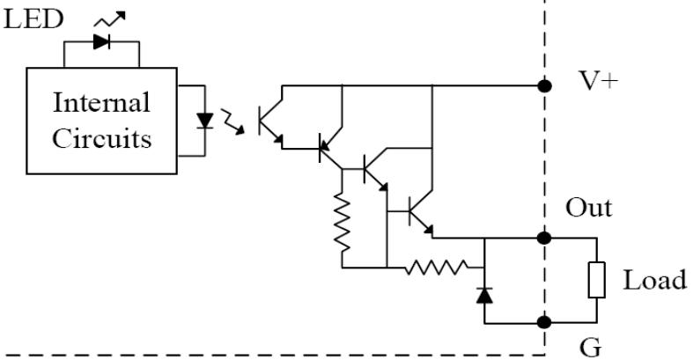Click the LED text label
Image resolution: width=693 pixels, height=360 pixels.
[x=33, y=19]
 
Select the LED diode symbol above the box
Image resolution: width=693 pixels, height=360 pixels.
[x=101, y=42]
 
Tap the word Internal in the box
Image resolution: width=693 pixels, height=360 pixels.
[x=101, y=102]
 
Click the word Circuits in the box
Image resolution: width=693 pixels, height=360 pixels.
[x=101, y=138]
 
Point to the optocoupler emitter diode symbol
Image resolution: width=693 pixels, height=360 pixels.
[x=204, y=121]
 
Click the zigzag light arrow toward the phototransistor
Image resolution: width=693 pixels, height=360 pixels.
[x=232, y=121]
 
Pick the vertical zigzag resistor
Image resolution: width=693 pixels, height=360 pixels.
[x=342, y=221]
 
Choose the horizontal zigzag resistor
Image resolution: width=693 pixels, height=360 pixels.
[x=436, y=268]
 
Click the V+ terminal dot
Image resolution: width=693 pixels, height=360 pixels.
[x=544, y=85]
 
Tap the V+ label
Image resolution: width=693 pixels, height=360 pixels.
[x=598, y=81]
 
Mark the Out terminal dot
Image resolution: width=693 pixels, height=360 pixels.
[x=544, y=238]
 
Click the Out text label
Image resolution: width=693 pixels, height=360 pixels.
[x=589, y=208]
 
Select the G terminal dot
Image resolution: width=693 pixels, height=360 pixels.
[x=544, y=322]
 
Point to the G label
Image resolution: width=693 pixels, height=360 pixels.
[x=591, y=348]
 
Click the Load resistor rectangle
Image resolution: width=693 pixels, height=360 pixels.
[x=597, y=280]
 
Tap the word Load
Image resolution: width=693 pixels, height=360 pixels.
[x=655, y=280]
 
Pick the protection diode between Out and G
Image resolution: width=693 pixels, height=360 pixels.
[x=484, y=295]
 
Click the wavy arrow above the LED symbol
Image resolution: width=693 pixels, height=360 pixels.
[x=110, y=18]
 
